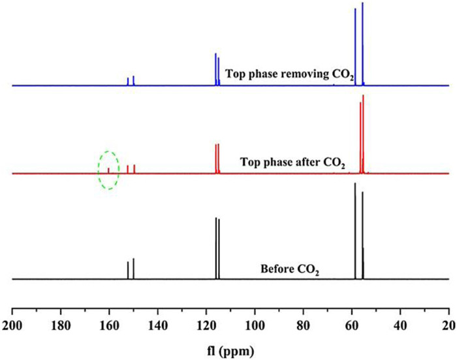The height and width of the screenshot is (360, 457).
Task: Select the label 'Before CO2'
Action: click(289, 269)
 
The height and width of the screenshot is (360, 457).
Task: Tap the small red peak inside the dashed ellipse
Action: click(108, 170)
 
